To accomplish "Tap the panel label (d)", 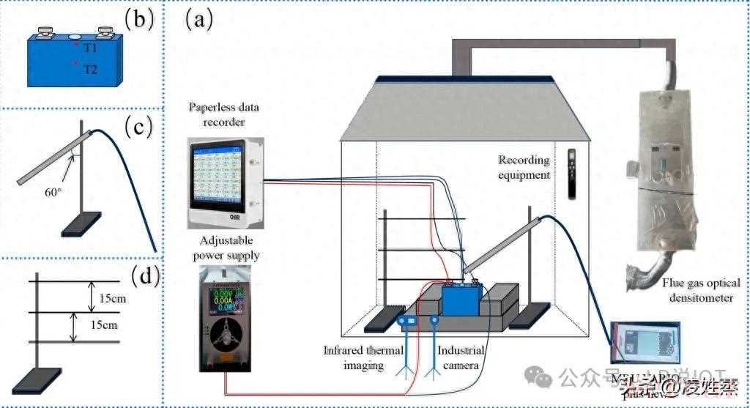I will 139,277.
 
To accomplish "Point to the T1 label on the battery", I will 89,46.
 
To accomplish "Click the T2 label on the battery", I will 89,70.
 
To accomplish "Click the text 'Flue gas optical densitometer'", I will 701,290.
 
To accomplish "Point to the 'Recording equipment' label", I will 524,167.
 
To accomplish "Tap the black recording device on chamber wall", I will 573,174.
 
